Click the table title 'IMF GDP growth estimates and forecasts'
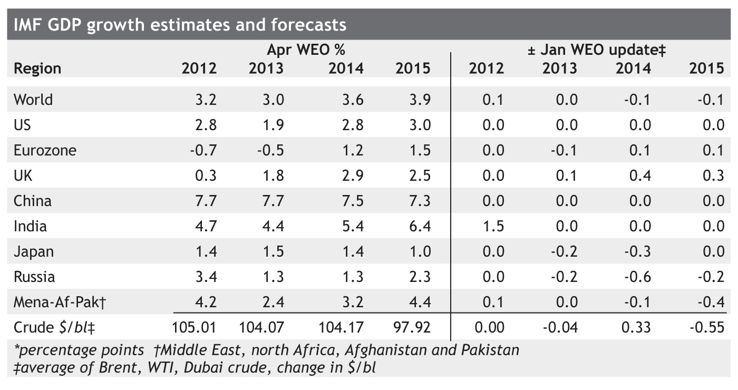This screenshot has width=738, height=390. tap(180, 25)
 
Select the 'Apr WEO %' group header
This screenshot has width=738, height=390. tap(306, 50)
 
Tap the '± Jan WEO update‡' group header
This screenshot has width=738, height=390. tap(597, 50)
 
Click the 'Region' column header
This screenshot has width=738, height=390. tap(37, 69)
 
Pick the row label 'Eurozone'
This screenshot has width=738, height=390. tap(45, 150)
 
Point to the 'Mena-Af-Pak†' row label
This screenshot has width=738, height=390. tap(60, 302)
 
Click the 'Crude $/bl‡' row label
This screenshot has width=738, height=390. tap(54, 328)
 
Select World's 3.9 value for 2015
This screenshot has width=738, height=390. tap(420, 100)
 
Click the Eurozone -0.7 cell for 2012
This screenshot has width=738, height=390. tap(203, 150)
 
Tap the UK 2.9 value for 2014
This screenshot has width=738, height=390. tap(353, 175)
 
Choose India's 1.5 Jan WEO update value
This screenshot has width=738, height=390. tap(493, 226)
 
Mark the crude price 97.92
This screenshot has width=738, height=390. tap(412, 327)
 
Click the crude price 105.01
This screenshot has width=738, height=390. tap(194, 327)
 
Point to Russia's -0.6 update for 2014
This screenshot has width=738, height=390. tap(637, 277)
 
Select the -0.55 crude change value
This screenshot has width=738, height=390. tap(707, 327)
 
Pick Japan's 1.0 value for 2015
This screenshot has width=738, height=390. tap(420, 251)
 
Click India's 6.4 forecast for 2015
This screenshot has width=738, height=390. tap(420, 226)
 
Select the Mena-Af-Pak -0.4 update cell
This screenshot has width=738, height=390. tap(711, 302)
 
